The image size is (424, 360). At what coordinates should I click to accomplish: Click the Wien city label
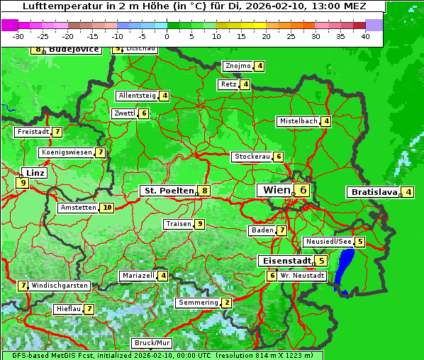pyautogui.click(x=277, y=190)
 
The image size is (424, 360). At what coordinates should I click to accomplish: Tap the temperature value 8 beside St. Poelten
pyautogui.click(x=204, y=190)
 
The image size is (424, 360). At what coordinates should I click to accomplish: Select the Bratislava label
pyautogui.click(x=374, y=192)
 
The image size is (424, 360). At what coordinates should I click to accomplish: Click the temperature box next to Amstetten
pyautogui.click(x=106, y=208)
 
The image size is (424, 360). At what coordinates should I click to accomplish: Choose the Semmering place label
pyautogui.click(x=199, y=303)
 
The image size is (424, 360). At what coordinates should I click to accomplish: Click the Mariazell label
pyautogui.click(x=138, y=275)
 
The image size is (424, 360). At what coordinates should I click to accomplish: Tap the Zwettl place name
pyautogui.click(x=124, y=113)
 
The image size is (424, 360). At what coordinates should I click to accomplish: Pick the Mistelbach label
pyautogui.click(x=299, y=121)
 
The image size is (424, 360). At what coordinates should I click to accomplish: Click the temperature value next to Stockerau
pyautogui.click(x=279, y=157)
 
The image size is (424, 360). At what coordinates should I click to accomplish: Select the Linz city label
pyautogui.click(x=35, y=172)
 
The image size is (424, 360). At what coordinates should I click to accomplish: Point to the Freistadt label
pyautogui.click(x=33, y=132)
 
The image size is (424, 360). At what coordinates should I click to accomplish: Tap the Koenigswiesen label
pyautogui.click(x=67, y=152)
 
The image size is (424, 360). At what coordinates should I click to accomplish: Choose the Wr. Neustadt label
pyautogui.click(x=301, y=275)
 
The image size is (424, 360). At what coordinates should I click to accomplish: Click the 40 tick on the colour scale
pyautogui.click(x=365, y=35)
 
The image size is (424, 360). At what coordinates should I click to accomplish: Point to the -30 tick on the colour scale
pyautogui.click(x=18, y=35)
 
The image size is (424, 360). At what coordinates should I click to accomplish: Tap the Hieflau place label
pyautogui.click(x=69, y=309)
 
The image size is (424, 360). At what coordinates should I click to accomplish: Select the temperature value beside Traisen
pyautogui.click(x=200, y=224)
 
